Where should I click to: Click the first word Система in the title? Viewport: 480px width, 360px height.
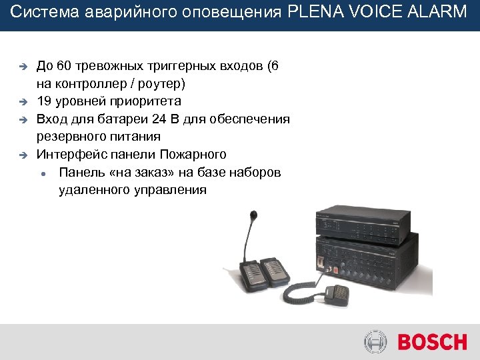[x=39, y=12]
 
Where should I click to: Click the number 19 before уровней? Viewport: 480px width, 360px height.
[x=44, y=101]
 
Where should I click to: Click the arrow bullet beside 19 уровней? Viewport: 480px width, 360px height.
[x=21, y=103]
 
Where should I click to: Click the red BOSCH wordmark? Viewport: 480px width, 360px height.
[x=432, y=343]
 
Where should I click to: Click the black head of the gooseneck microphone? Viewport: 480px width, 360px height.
[x=253, y=216]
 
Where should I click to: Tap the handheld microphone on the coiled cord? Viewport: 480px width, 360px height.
[x=337, y=293]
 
